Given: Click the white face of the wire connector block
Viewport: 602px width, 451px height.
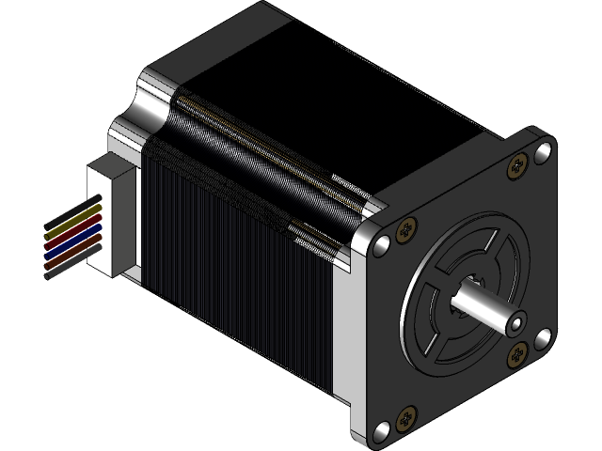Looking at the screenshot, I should [112, 218].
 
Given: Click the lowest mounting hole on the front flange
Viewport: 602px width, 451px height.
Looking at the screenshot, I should [382, 431].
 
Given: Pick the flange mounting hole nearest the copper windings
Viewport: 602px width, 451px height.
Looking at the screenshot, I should [381, 246].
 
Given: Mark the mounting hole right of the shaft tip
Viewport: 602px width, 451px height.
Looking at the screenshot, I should [543, 337].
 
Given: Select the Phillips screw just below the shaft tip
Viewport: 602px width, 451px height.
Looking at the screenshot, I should [517, 355].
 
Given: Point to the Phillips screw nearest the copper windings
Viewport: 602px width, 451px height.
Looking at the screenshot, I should [406, 229].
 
